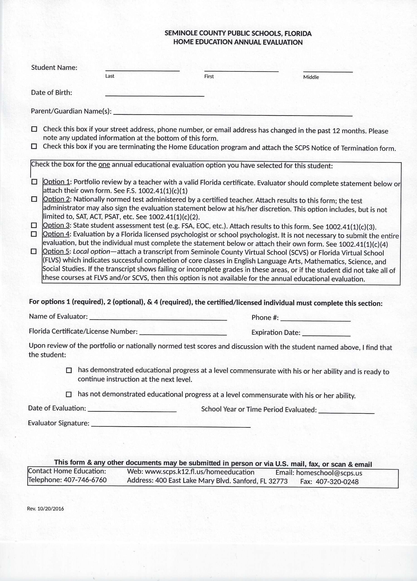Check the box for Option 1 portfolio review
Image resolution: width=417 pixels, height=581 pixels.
[34, 182]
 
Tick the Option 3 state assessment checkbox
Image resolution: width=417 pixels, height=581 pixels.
[34, 225]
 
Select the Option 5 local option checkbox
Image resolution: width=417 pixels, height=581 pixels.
[34, 251]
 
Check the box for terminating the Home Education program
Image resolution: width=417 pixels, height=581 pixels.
[34, 146]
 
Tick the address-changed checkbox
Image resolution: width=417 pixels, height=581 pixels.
[34, 129]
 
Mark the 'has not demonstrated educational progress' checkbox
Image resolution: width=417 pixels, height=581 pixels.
[69, 394]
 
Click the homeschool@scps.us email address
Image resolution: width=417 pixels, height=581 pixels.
[329, 473]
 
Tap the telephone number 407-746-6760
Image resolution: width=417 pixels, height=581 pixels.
[85, 480]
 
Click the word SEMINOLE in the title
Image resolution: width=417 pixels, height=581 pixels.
[181, 33]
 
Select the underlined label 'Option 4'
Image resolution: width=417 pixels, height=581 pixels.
[56, 234]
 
